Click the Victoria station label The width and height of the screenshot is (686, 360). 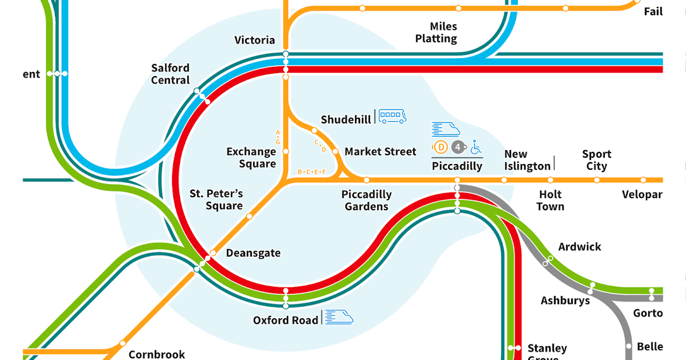tap(254, 40)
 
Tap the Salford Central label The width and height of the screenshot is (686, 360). tap(170, 74)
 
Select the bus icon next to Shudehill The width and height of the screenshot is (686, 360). tap(392, 117)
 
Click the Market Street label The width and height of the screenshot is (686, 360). tap(381, 151)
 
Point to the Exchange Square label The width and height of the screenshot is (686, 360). tap(251, 158)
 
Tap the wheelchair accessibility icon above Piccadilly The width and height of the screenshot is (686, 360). tap(476, 147)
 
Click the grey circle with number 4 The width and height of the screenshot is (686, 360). tap(457, 147)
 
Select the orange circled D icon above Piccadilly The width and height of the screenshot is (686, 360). tap(441, 147)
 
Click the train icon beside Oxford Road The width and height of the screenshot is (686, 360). tap(339, 317)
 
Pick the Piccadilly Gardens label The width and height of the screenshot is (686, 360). tap(366, 201)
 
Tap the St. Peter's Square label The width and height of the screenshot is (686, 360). tap(216, 199)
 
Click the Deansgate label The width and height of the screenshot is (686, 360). tap(253, 253)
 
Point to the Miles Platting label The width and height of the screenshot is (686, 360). tap(436, 33)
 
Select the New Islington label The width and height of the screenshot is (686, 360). tap(527, 160)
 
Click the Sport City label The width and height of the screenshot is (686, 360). tap(596, 160)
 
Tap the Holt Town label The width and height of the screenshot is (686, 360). tap(551, 201)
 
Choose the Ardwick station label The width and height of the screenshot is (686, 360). tap(580, 247)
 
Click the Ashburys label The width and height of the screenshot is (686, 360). tap(565, 301)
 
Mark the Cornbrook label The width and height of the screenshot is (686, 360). tap(157, 354)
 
